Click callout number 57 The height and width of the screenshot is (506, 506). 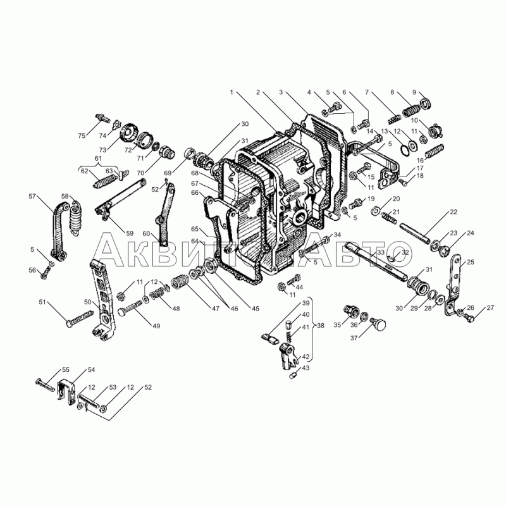pyautogui.click(x=32, y=196)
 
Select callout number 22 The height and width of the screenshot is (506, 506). pyautogui.click(x=454, y=212)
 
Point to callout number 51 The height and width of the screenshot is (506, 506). pyautogui.click(x=42, y=302)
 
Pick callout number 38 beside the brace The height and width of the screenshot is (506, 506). pyautogui.click(x=320, y=326)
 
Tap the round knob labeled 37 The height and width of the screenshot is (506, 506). pyautogui.click(x=378, y=324)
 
